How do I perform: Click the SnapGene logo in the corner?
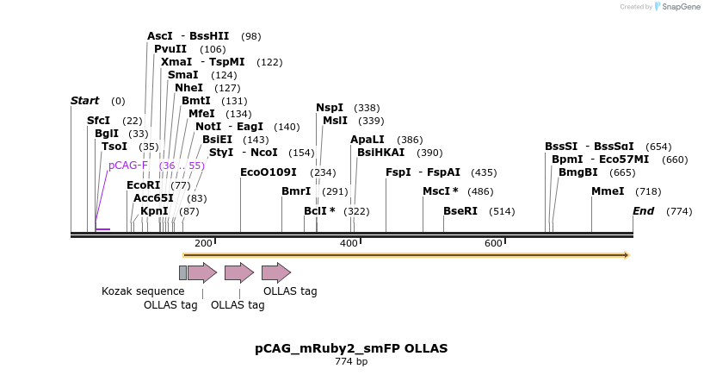click(677, 7)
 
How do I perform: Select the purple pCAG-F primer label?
click(128, 166)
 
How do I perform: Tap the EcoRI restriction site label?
click(143, 185)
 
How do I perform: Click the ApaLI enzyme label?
click(367, 140)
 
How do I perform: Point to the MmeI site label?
click(608, 191)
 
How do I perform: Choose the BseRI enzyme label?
click(460, 211)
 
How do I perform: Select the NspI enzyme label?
click(330, 108)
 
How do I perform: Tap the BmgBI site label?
click(578, 172)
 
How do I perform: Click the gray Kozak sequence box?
click(182, 272)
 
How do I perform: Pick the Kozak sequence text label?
click(143, 291)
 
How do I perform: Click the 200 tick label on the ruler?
click(203, 244)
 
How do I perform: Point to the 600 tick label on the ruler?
click(493, 244)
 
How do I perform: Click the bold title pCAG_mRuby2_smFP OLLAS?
click(351, 348)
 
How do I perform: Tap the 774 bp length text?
click(351, 362)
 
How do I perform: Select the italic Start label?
click(84, 101)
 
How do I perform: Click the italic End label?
click(644, 211)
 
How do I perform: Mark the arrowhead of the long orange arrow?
click(627, 255)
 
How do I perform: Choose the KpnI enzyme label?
click(154, 211)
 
